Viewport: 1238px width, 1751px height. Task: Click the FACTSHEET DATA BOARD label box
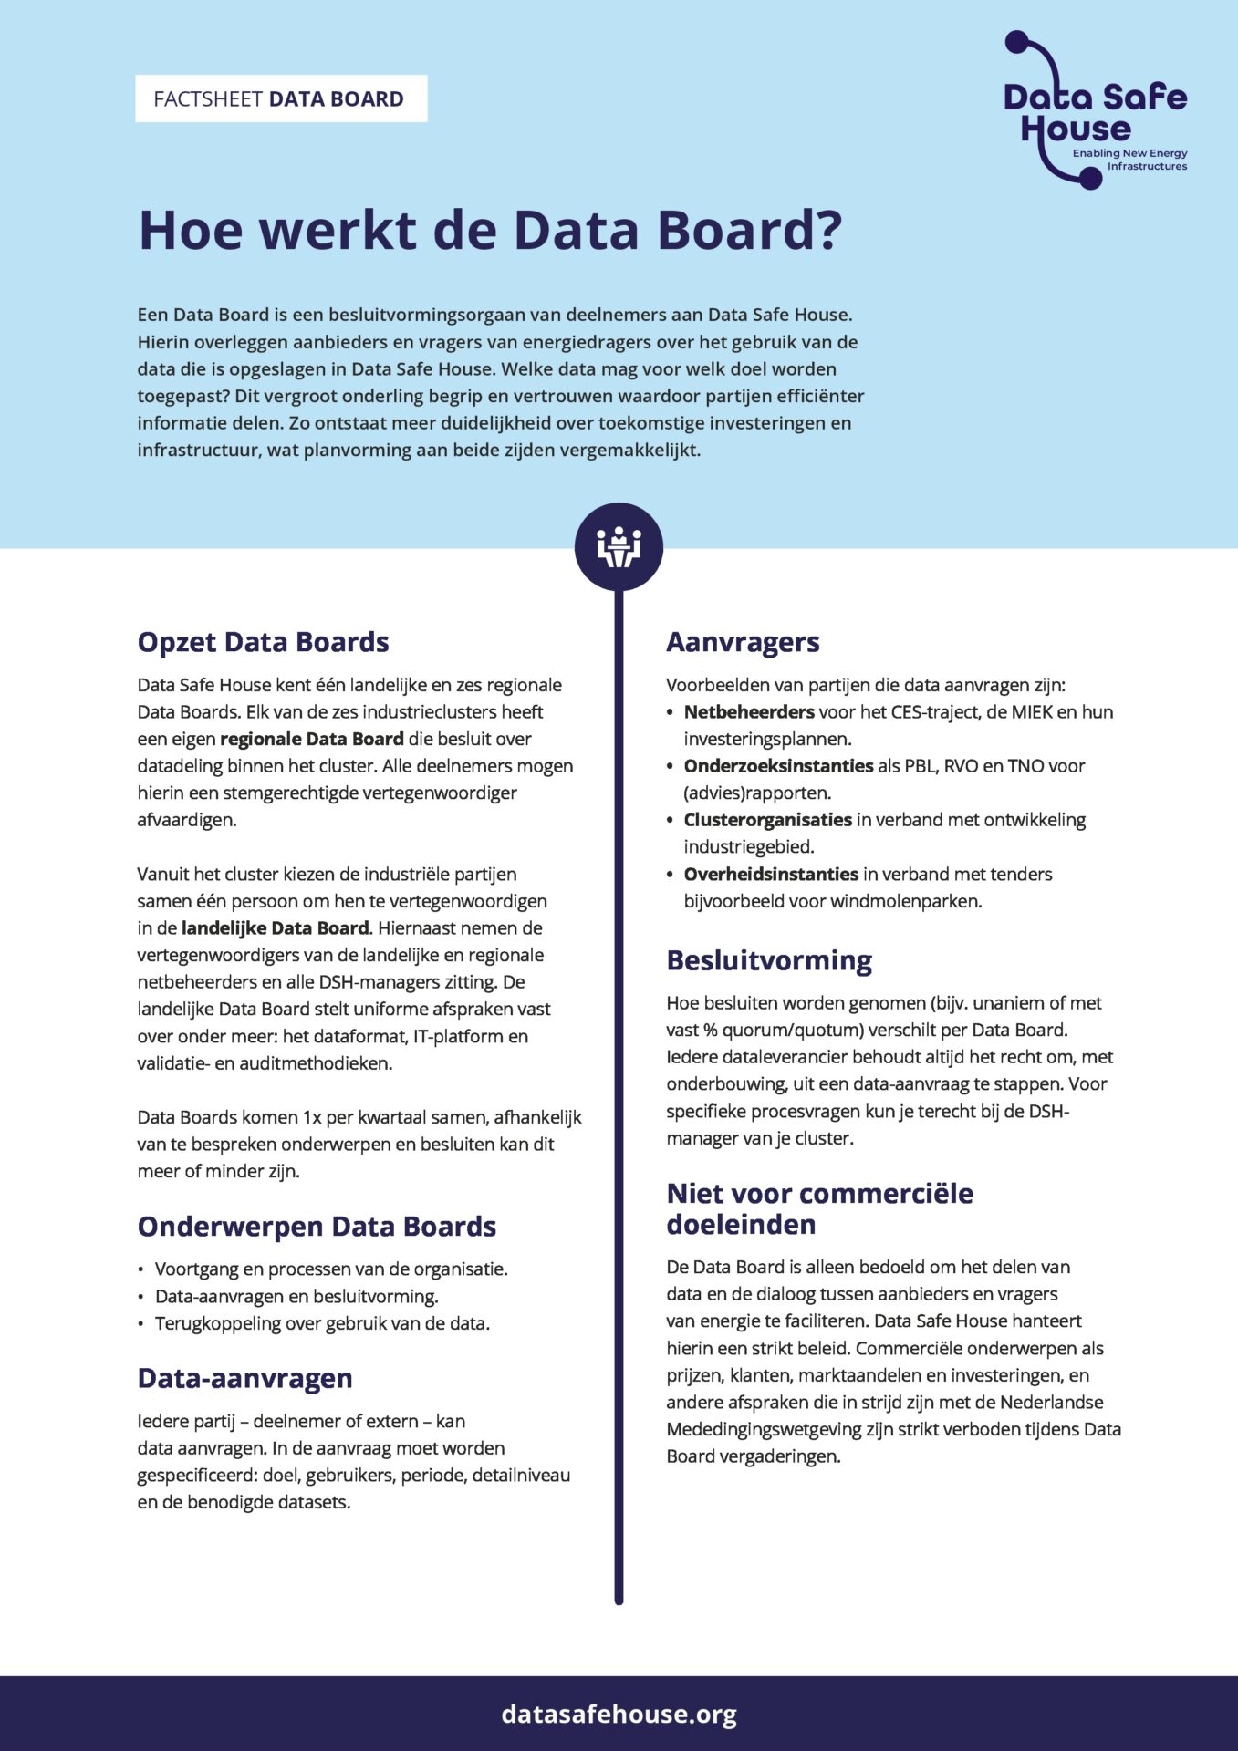coord(281,98)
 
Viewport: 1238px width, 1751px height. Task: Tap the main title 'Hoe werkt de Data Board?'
coord(490,230)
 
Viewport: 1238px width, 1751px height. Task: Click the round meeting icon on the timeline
coord(619,547)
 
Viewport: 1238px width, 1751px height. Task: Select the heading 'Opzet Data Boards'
coord(263,642)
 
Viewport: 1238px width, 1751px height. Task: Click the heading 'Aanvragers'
coord(743,642)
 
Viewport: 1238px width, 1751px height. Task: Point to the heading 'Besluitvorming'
coord(769,960)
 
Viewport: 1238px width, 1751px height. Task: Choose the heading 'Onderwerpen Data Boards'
coord(317,1227)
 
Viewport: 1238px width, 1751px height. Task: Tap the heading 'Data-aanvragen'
coord(244,1378)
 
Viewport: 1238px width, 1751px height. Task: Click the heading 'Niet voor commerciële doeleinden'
coord(819,1208)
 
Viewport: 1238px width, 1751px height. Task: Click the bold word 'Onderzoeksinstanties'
coord(778,766)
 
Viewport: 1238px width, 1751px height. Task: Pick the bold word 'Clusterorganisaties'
coord(767,820)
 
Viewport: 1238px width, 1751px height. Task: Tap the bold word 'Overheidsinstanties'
coord(771,874)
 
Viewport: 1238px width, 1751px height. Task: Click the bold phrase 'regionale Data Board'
coord(311,739)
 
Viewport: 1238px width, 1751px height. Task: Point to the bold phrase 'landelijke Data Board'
coord(275,928)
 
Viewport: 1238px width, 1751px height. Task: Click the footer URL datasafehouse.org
coord(619,1715)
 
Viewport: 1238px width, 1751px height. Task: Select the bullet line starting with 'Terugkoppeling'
coord(322,1323)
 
